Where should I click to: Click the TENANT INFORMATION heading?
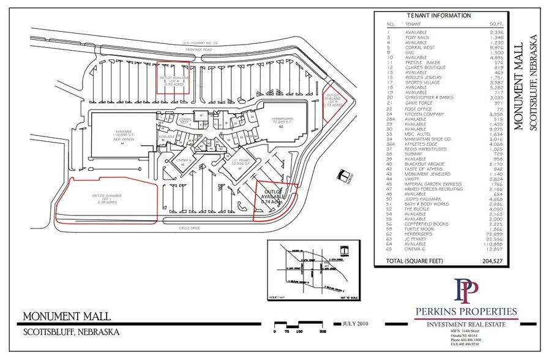click(x=439, y=15)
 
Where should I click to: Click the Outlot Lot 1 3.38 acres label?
click(x=107, y=199)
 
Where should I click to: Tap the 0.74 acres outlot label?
click(x=274, y=198)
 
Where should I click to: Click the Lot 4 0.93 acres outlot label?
click(x=173, y=81)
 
